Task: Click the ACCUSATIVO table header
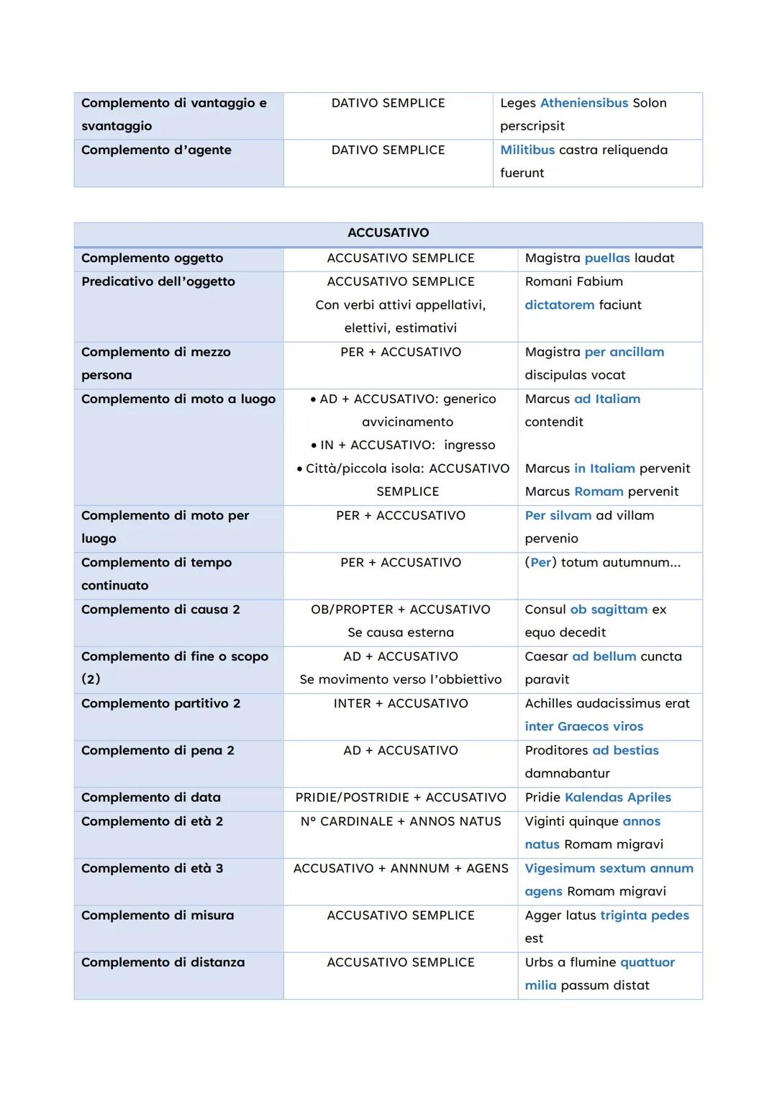coord(388,233)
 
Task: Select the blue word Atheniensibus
coord(583,103)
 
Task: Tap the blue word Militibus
coord(527,150)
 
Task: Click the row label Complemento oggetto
coord(152,258)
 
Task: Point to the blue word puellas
coord(606,258)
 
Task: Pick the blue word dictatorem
coord(559,305)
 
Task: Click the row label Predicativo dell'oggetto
coord(158,281)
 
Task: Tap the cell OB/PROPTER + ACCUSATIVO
coord(400,610)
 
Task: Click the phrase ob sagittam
coord(609,610)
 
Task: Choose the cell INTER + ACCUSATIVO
coord(400,703)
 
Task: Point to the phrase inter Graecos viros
coord(583,726)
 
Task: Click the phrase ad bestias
coord(625,750)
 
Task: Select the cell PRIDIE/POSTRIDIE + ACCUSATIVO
coord(400,797)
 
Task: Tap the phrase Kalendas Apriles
coord(617,797)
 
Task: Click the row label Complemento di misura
coord(157,915)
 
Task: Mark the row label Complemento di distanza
coord(163,962)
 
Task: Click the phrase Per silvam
coord(558,515)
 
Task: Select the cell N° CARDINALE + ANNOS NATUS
coord(400,821)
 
